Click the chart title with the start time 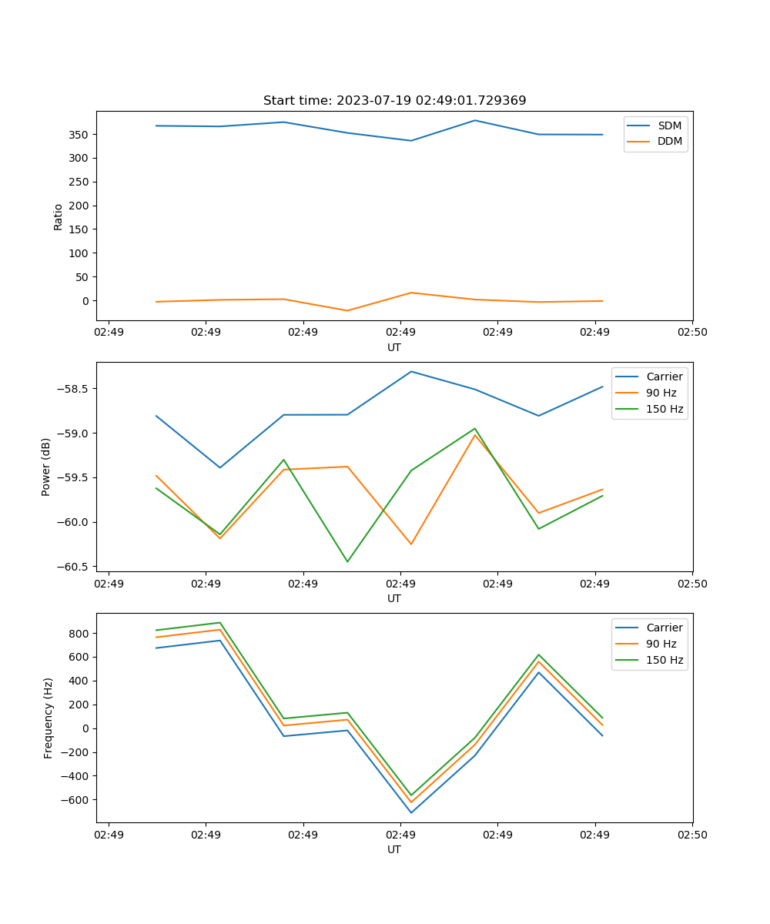coord(394,101)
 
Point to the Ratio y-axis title coord(59,216)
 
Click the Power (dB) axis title coord(46,467)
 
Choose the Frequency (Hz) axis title coord(48,718)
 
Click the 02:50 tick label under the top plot coord(692,333)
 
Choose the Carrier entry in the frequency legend coord(665,628)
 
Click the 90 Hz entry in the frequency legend coord(661,644)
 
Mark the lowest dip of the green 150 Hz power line coord(347,561)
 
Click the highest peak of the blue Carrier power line coord(411,372)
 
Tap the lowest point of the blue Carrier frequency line coord(411,812)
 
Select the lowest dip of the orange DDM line coord(347,310)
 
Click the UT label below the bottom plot coord(394,849)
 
